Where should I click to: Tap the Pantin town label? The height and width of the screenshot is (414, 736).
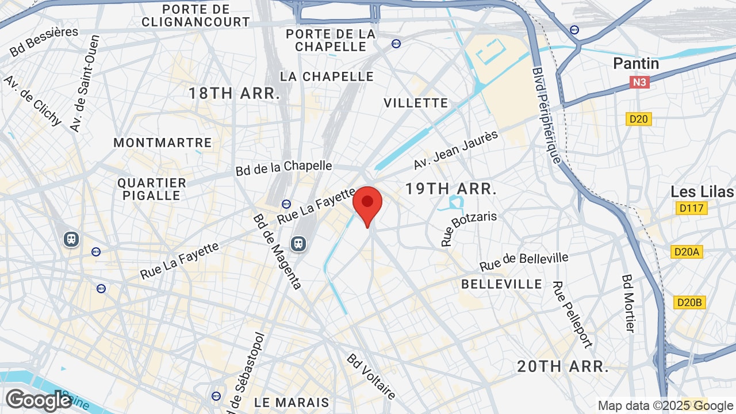click(x=636, y=63)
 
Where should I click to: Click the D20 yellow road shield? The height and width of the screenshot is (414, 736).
click(x=639, y=119)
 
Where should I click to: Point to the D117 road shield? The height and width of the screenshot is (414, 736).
click(x=691, y=208)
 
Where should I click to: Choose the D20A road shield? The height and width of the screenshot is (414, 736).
click(x=687, y=252)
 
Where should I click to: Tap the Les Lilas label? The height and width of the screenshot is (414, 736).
click(x=702, y=191)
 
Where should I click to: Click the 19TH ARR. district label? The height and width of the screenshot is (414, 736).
click(x=450, y=189)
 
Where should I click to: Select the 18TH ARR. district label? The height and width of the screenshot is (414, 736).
click(x=235, y=94)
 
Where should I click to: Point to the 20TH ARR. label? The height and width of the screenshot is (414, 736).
click(x=563, y=366)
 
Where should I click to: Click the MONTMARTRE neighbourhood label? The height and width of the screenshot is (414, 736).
click(x=163, y=143)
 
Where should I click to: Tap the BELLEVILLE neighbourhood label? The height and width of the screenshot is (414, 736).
click(x=501, y=284)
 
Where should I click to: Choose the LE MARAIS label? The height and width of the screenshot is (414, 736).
click(x=292, y=402)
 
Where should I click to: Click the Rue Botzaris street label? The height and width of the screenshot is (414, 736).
click(x=468, y=229)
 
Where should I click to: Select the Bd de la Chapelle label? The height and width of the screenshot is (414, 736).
click(x=284, y=168)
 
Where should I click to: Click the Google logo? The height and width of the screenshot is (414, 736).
click(x=39, y=400)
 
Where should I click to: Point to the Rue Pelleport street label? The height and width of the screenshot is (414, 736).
click(x=572, y=314)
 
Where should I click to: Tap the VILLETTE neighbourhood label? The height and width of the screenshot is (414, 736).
click(x=416, y=103)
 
